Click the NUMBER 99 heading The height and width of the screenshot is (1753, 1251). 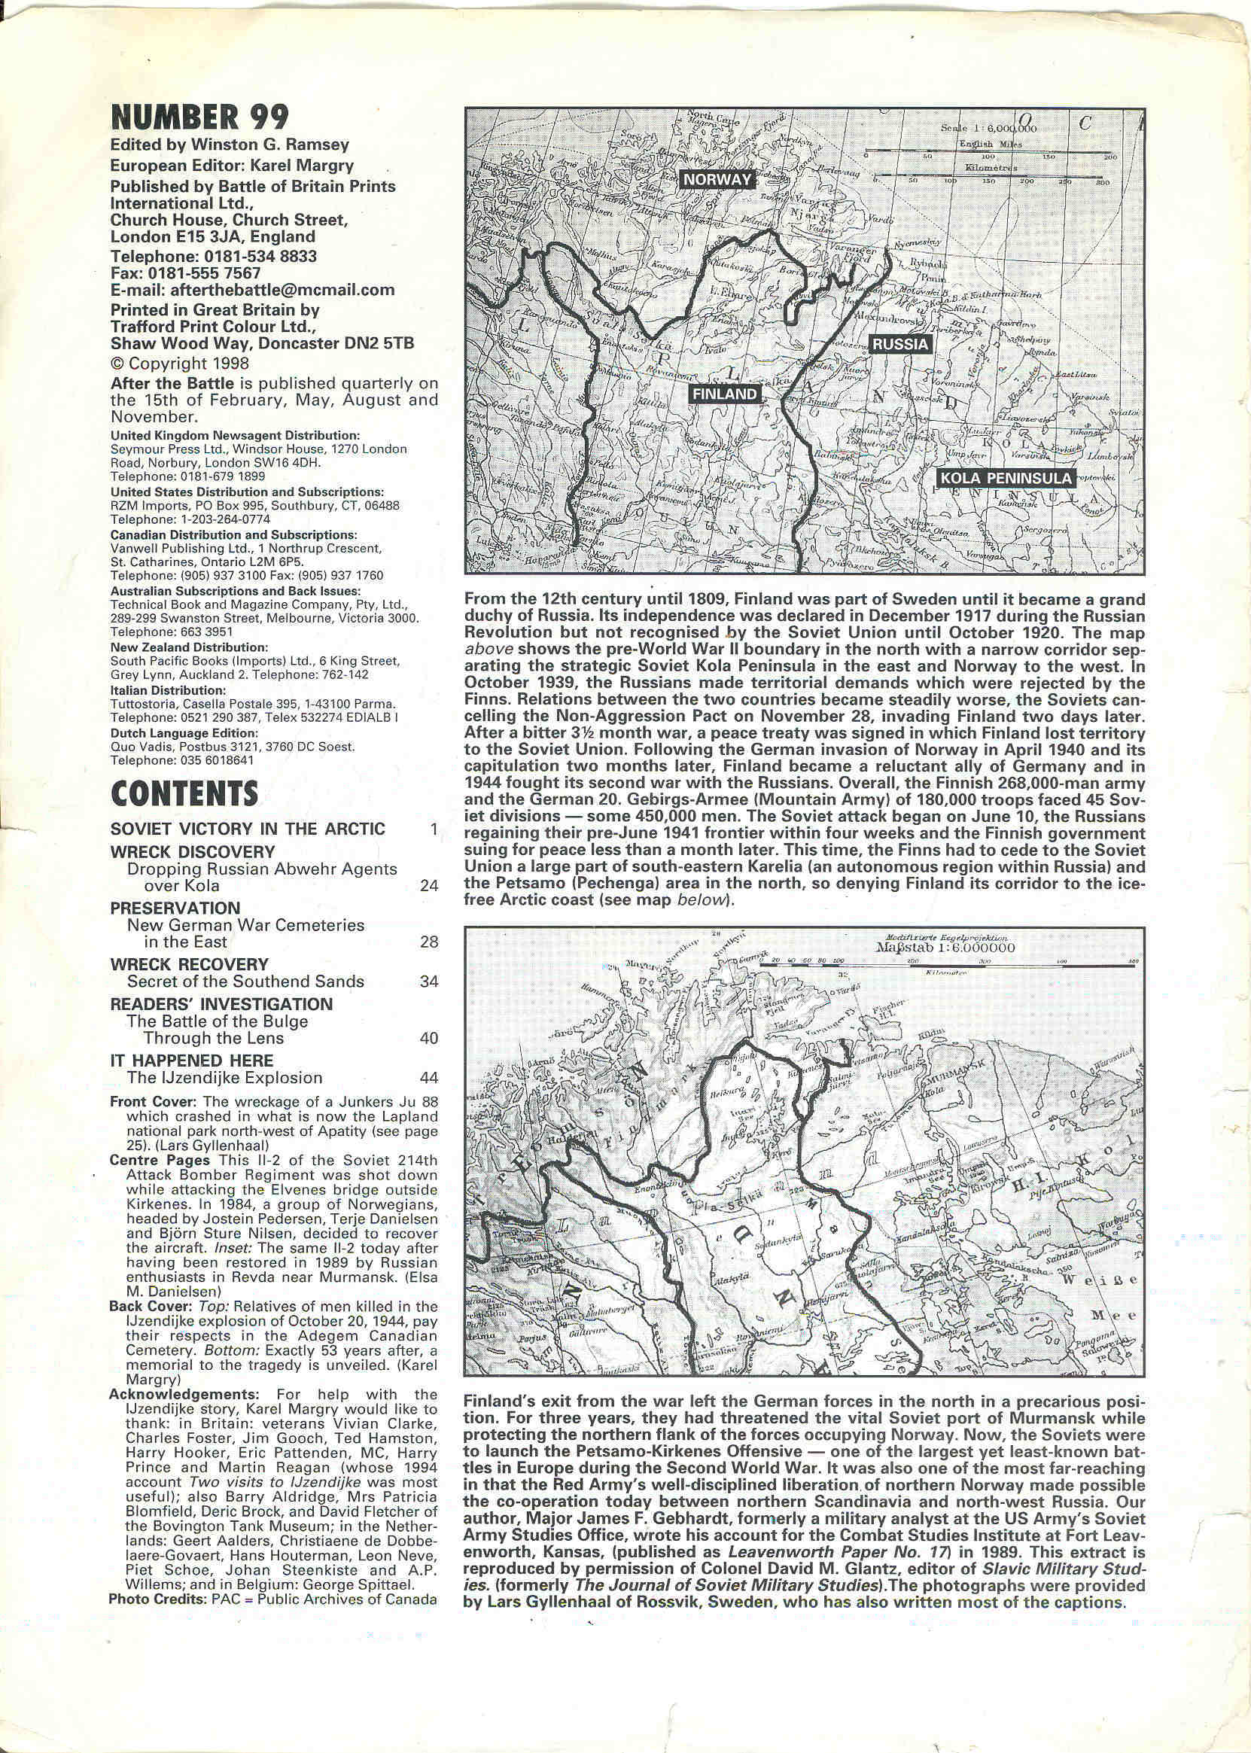pyautogui.click(x=200, y=117)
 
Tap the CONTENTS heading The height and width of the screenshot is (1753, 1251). pyautogui.click(x=184, y=793)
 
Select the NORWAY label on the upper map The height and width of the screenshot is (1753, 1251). pyautogui.click(x=717, y=179)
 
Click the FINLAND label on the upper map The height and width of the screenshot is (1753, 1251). pyautogui.click(x=724, y=394)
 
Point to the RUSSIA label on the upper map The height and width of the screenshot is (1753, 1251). pyautogui.click(x=899, y=344)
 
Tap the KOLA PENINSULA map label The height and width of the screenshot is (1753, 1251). pyautogui.click(x=1006, y=478)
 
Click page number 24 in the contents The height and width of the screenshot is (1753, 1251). pyautogui.click(x=429, y=886)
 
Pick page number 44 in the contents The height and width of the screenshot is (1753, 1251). pyautogui.click(x=429, y=1078)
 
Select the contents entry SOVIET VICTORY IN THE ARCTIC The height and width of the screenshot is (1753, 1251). pyautogui.click(x=248, y=829)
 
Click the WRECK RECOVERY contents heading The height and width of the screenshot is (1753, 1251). pyautogui.click(x=190, y=964)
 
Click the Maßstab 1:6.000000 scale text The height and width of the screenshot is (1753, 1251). pyautogui.click(x=945, y=948)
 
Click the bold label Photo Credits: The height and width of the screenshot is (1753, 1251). pyautogui.click(x=157, y=1599)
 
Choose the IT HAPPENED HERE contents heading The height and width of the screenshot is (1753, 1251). pyautogui.click(x=191, y=1061)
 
